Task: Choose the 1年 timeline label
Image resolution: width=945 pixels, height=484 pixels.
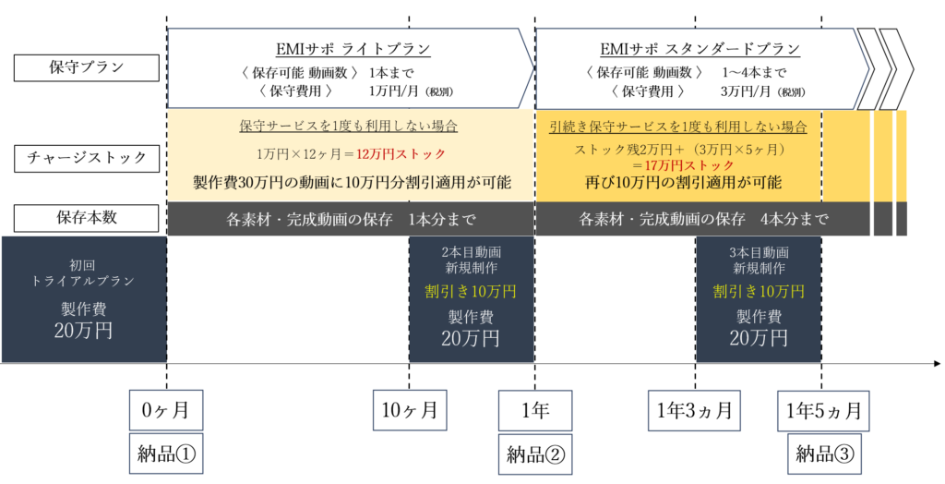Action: tap(534, 407)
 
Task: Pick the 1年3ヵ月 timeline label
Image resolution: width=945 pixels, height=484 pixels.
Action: tap(695, 407)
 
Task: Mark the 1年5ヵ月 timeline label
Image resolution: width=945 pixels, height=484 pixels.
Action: tap(822, 407)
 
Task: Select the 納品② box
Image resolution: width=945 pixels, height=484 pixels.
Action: tap(534, 453)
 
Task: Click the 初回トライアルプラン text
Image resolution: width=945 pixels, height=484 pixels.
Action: tap(83, 269)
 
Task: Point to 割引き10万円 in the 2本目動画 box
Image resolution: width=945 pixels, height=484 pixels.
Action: tap(471, 292)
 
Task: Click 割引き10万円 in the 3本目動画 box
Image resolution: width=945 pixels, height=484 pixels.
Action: tap(758, 292)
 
